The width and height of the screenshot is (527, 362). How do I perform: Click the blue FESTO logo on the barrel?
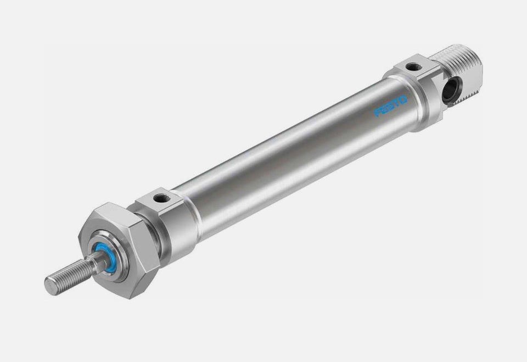(x=390, y=107)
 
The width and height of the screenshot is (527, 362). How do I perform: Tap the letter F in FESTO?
(x=378, y=113)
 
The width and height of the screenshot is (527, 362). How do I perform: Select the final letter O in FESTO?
(x=403, y=100)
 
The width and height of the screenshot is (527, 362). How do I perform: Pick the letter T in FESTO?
(x=396, y=103)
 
